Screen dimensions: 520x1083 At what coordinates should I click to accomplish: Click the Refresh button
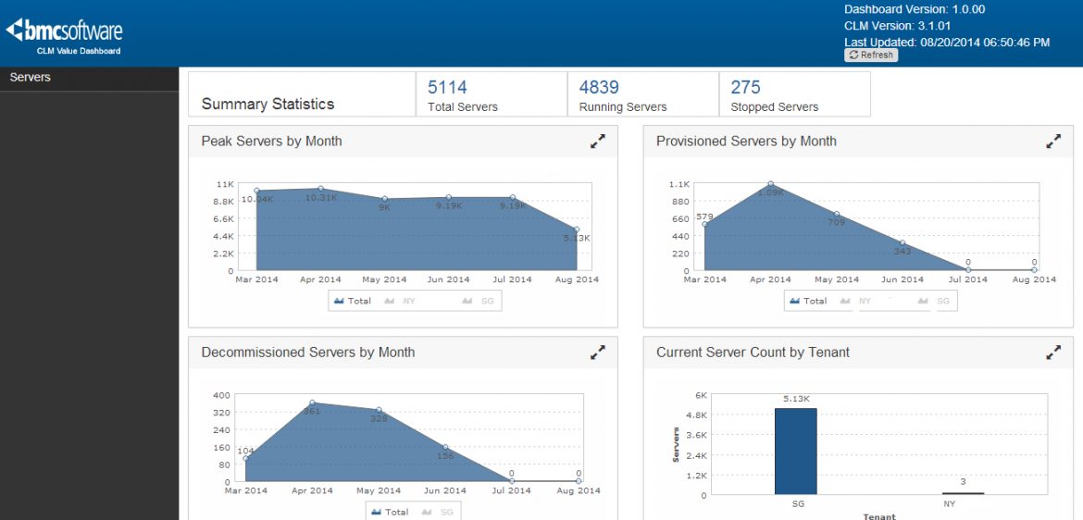(x=871, y=56)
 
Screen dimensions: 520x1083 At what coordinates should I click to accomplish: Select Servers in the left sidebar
(x=31, y=78)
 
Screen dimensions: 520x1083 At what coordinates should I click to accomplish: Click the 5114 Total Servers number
(x=447, y=88)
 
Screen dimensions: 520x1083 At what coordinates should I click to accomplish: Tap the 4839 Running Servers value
(x=599, y=88)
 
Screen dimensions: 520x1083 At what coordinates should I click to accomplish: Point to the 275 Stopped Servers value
(x=745, y=88)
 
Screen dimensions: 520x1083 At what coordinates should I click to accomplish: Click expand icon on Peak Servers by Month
(x=598, y=142)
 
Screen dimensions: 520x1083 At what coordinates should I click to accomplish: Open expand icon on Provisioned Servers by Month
(x=1053, y=142)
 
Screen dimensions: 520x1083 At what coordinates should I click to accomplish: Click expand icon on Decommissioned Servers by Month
(x=598, y=353)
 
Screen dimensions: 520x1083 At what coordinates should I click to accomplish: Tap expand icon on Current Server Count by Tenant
(x=1053, y=353)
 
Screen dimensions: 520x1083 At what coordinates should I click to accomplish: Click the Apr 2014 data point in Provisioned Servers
(x=770, y=184)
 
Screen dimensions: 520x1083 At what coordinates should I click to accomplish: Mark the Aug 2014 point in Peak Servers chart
(x=577, y=229)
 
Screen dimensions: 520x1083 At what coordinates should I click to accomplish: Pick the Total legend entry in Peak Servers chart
(x=353, y=301)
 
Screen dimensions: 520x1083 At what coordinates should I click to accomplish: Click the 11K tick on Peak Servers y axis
(x=225, y=184)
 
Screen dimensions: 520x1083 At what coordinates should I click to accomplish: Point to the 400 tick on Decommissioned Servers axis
(x=221, y=395)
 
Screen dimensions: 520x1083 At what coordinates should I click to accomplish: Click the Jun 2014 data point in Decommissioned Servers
(x=445, y=448)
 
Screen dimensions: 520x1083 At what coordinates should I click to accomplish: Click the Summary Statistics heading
(x=268, y=105)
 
